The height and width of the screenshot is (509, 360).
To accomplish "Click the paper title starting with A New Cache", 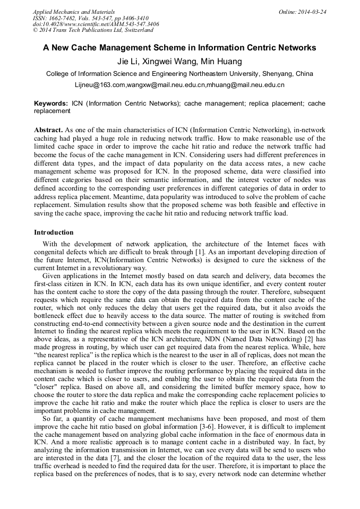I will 179,48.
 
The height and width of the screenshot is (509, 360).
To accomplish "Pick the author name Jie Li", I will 127,62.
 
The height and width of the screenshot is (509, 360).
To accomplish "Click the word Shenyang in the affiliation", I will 278,74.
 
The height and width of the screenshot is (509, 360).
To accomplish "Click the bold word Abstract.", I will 48,130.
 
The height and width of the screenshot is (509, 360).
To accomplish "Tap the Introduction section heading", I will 54,232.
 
